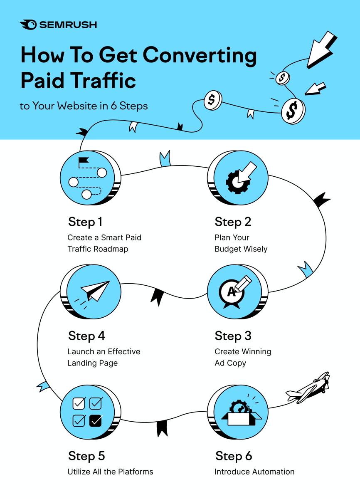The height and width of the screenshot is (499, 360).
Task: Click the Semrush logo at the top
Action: pos(58,25)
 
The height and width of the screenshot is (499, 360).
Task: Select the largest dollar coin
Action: pos(293,111)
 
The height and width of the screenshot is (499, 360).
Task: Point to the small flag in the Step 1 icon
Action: pos(83,160)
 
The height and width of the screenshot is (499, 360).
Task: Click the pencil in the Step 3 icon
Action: pos(243,283)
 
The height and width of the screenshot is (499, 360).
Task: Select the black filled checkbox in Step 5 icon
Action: pos(96,420)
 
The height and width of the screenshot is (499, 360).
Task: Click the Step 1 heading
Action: pos(85,222)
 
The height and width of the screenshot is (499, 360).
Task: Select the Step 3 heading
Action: pos(233,336)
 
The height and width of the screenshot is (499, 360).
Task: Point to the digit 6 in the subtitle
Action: pos(113,106)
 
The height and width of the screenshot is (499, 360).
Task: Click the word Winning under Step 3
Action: pos(257,351)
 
